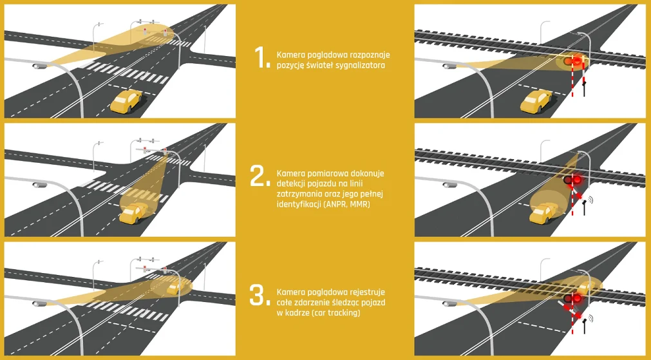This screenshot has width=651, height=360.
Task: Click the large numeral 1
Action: coord(261,57)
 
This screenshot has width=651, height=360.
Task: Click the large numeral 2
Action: coord(259,176)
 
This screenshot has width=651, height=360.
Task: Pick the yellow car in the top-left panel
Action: coord(126,101)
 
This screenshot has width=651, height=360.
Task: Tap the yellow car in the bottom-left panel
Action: coord(175,287)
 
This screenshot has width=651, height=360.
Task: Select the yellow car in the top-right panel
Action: coord(536,101)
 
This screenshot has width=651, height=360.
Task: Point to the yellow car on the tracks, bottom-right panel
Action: coord(585,287)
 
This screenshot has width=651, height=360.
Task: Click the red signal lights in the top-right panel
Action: coord(572,62)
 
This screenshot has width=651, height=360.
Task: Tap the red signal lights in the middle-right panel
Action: coord(572,180)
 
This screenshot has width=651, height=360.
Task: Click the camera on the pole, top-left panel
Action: coord(39,66)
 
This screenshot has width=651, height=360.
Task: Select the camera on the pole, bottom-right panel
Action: coord(450,303)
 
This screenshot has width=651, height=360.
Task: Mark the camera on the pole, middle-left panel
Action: coord(39,185)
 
